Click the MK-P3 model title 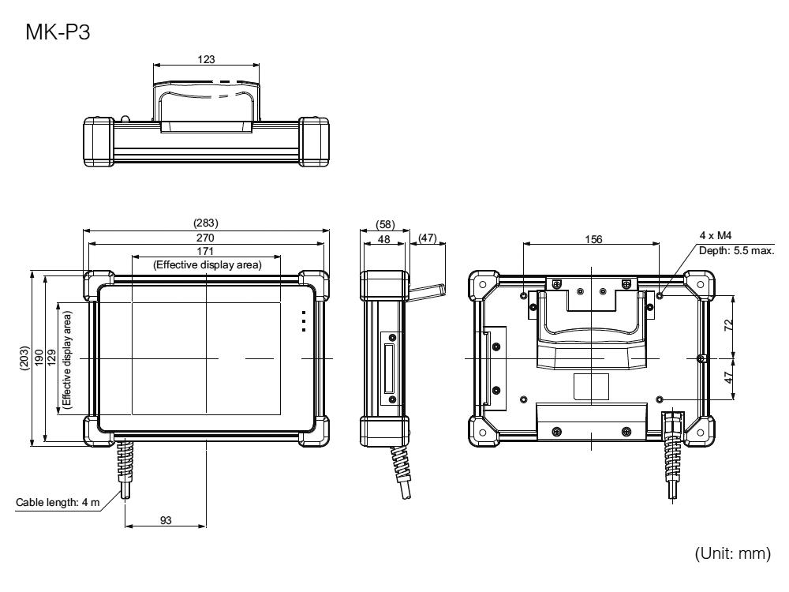click(x=58, y=32)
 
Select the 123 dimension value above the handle click(x=206, y=59)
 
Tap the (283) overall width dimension click(x=206, y=223)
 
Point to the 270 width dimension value click(x=205, y=238)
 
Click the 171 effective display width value click(x=205, y=251)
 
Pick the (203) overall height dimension click(x=24, y=358)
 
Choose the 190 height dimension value click(x=39, y=358)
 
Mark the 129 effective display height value click(x=51, y=358)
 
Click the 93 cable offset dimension click(x=166, y=520)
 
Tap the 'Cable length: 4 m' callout click(x=58, y=502)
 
